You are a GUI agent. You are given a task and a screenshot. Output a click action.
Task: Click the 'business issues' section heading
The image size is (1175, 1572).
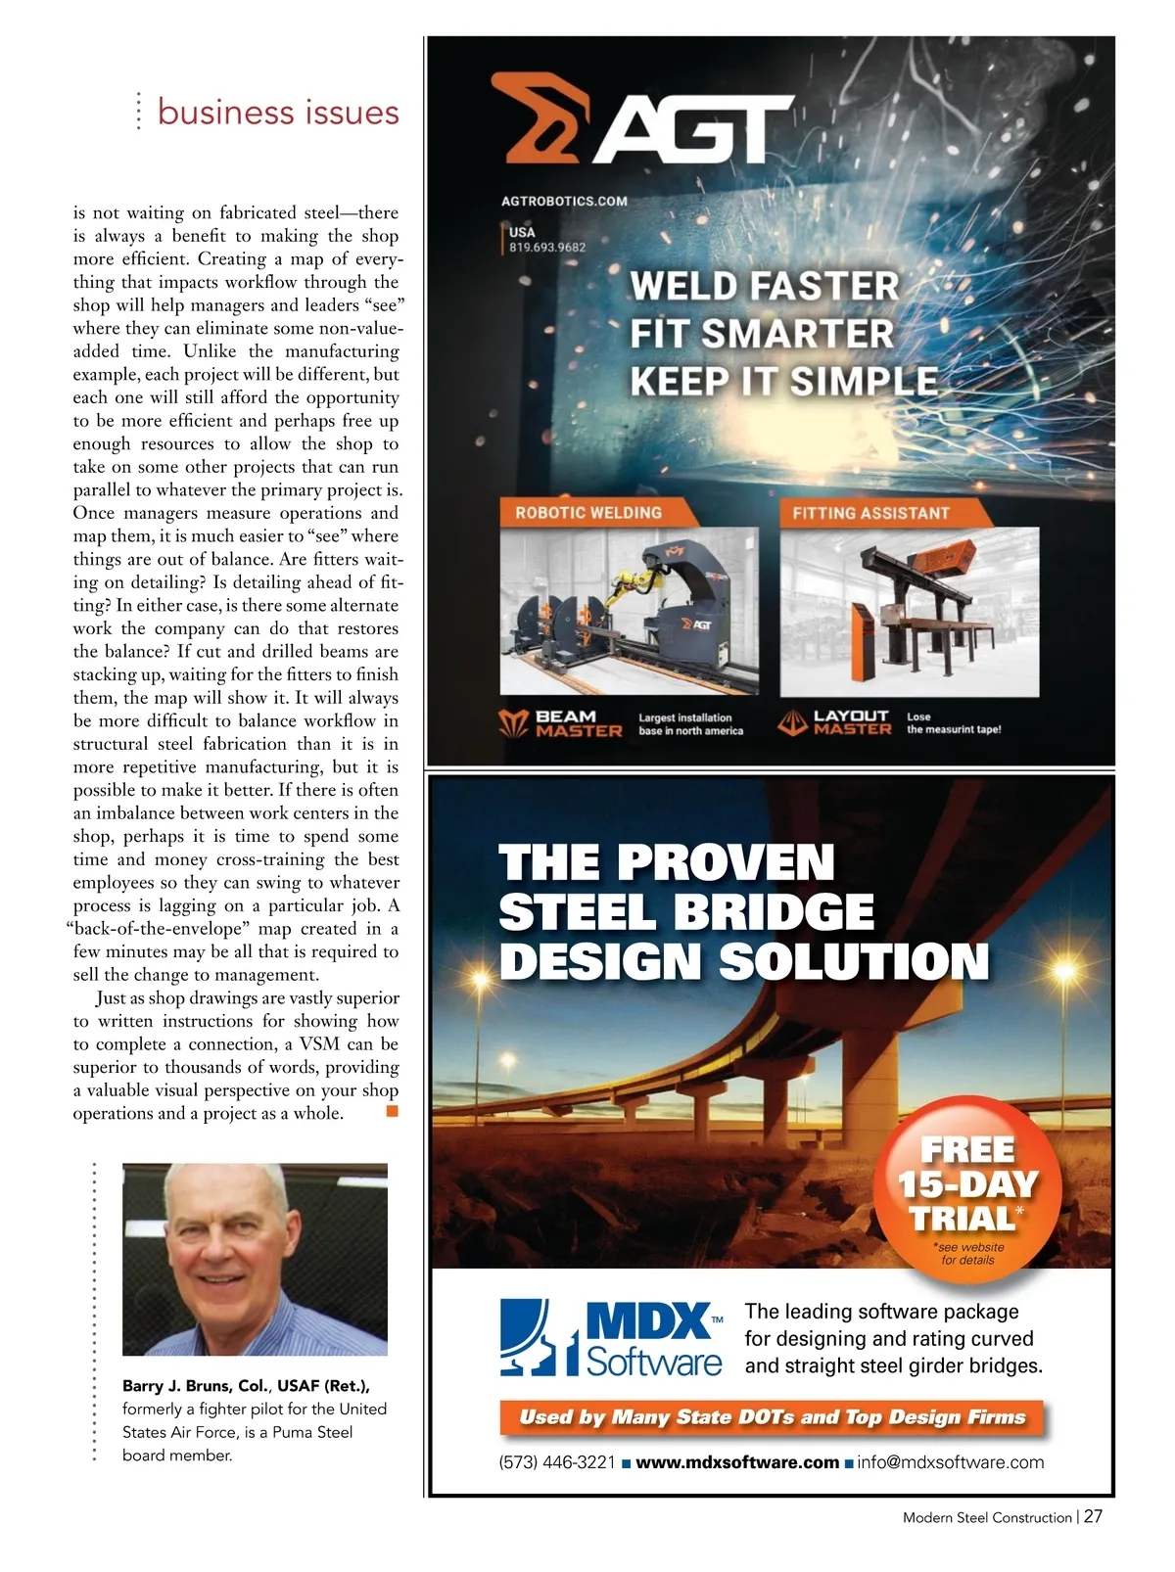[278, 113]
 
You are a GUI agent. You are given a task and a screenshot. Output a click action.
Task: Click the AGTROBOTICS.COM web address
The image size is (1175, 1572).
[564, 202]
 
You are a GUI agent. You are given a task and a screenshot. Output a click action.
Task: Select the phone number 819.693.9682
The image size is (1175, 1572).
[546, 248]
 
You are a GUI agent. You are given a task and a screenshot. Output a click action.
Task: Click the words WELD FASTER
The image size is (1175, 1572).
[764, 287]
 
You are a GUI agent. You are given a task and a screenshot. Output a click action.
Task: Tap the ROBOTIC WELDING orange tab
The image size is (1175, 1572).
[588, 513]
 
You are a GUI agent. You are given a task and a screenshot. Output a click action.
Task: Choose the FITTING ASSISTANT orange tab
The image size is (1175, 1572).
[870, 513]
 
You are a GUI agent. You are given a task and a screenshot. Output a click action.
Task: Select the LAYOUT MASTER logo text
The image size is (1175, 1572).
[852, 722]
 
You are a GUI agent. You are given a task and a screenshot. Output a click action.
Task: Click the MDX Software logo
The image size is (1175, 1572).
[612, 1337]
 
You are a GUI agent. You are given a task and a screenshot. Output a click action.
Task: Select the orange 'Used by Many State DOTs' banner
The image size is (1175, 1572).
[772, 1417]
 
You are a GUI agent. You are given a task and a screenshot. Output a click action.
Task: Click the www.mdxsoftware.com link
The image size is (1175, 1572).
[736, 1462]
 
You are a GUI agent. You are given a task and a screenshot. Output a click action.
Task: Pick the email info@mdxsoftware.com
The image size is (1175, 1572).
[950, 1462]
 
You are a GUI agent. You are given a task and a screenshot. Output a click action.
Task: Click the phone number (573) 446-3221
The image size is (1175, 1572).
[556, 1462]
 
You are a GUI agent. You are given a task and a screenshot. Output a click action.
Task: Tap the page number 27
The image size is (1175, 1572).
[1093, 1516]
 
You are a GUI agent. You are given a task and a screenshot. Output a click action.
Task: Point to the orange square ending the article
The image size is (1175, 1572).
[393, 1111]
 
